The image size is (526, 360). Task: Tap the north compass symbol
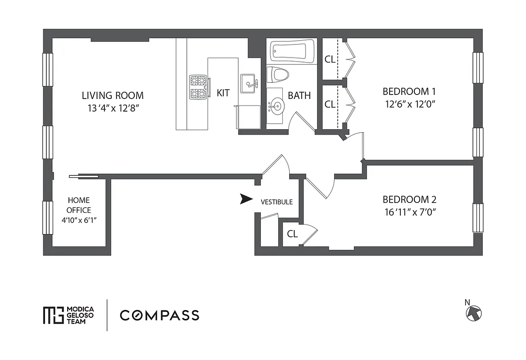pyautogui.click(x=473, y=312)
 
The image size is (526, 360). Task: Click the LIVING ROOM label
pyautogui.click(x=113, y=95)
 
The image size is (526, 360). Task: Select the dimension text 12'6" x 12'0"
pyautogui.click(x=410, y=103)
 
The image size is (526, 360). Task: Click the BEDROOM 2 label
pyautogui.click(x=409, y=200)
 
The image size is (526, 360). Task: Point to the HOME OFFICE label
pyautogui.click(x=79, y=205)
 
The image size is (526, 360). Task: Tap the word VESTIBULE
pyautogui.click(x=277, y=202)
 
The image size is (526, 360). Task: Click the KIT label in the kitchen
pyautogui.click(x=223, y=93)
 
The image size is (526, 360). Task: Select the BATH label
pyautogui.click(x=299, y=95)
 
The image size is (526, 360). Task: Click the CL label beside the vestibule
pyautogui.click(x=292, y=234)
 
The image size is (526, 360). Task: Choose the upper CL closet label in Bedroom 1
pyautogui.click(x=330, y=59)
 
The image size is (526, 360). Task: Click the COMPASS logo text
pyautogui.click(x=159, y=315)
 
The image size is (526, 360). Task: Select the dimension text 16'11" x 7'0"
pyautogui.click(x=409, y=211)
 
